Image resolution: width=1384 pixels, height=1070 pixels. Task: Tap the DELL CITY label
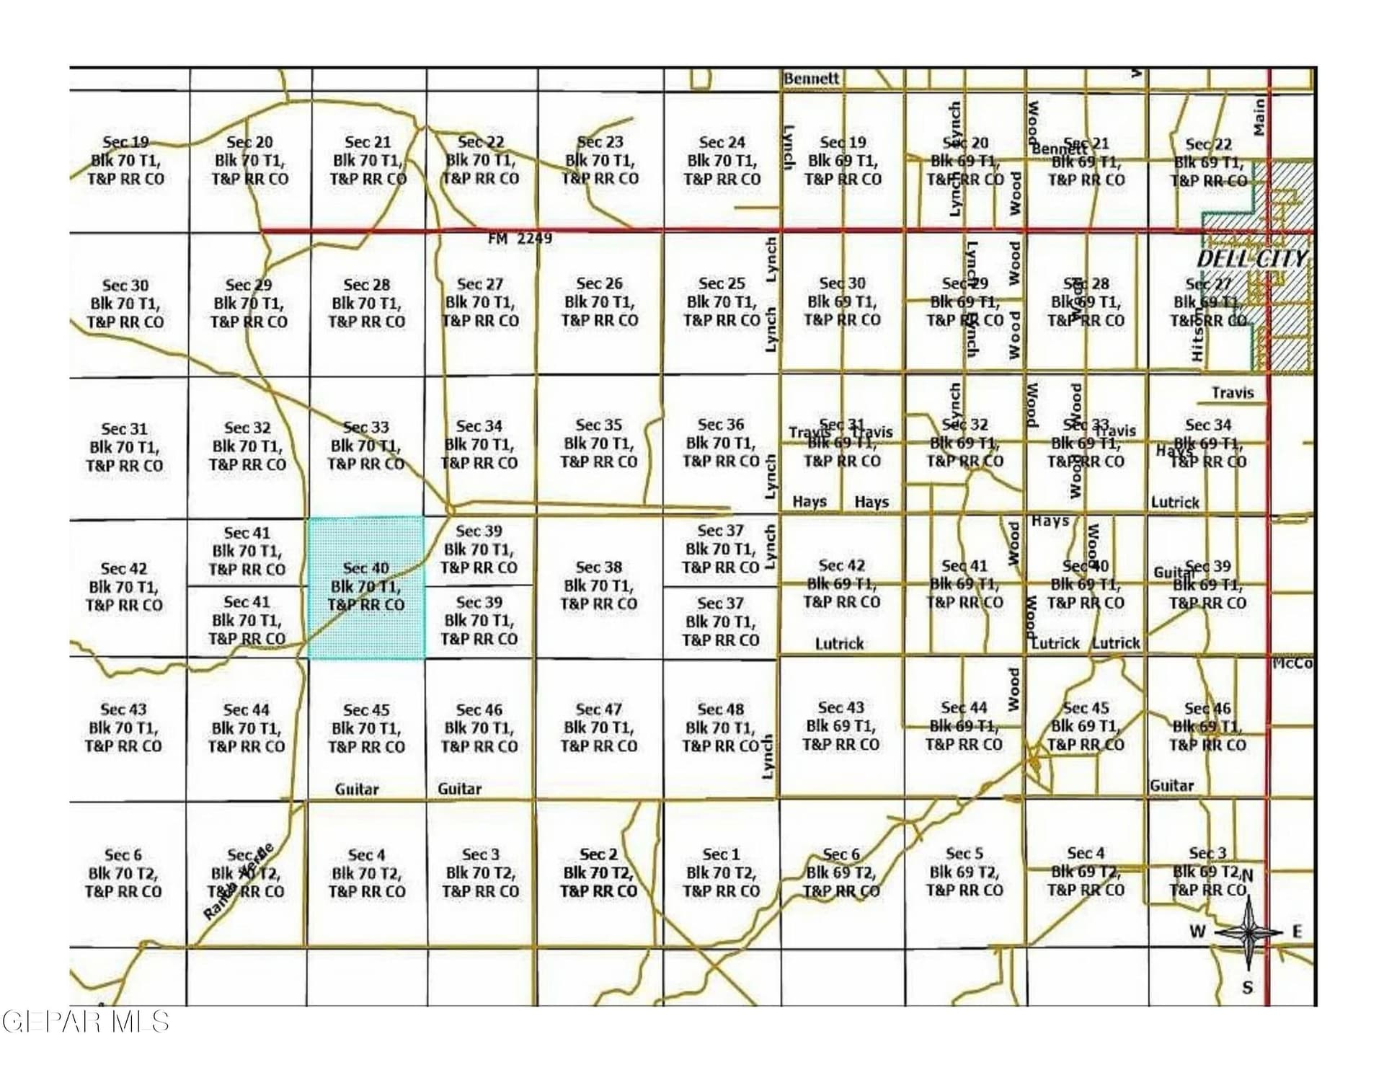click(1251, 259)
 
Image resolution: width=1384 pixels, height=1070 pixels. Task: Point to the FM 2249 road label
click(520, 238)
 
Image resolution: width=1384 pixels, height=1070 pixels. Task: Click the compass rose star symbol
click(1248, 932)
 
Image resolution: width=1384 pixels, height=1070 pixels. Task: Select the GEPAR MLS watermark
click(85, 1021)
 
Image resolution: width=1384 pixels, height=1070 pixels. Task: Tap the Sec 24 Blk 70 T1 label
click(722, 161)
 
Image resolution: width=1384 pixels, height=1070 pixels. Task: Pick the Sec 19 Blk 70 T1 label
click(126, 161)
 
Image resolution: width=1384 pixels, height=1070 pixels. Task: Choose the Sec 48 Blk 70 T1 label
click(721, 728)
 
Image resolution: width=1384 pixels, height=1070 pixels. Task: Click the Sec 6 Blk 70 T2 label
click(123, 873)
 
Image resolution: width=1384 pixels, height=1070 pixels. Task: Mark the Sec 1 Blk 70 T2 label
click(721, 872)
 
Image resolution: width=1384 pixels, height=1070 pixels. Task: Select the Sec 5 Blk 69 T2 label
click(964, 872)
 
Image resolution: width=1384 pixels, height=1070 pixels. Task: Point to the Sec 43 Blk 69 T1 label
click(841, 726)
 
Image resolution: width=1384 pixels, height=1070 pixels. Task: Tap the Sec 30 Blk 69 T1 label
click(842, 301)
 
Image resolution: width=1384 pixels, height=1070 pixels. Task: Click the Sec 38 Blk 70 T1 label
click(599, 585)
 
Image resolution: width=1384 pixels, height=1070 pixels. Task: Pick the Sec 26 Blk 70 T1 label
click(600, 301)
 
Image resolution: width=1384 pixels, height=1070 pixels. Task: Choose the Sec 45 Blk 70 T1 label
click(366, 728)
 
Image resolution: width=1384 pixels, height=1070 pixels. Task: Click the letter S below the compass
click(1248, 988)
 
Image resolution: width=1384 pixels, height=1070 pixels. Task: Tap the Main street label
click(1259, 117)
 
